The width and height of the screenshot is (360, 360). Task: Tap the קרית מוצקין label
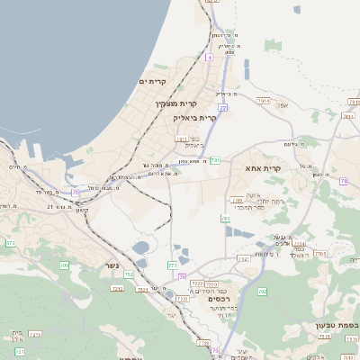tap(175, 103)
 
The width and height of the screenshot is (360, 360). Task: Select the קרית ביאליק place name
tap(195, 118)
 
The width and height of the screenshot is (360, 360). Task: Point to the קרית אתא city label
tap(264, 168)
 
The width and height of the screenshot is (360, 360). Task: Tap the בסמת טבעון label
tap(337, 325)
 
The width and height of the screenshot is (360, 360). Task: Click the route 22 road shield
tap(222, 108)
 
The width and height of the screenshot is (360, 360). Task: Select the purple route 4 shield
tap(209, 58)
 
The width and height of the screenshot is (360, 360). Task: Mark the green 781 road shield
tap(215, 159)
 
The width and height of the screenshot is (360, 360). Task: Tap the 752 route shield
tap(130, 274)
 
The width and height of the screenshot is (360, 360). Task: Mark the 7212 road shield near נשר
tap(116, 288)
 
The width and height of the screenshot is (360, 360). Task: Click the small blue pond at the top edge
tap(297, 10)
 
